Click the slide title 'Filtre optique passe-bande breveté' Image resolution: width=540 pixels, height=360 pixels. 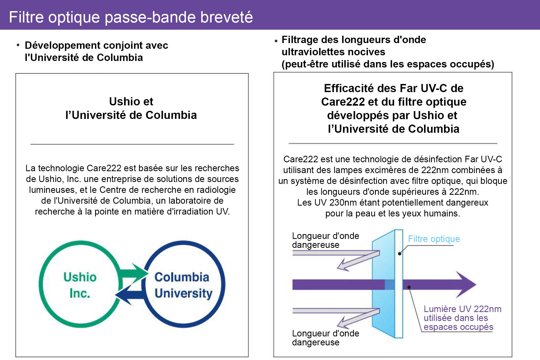(x=131, y=17)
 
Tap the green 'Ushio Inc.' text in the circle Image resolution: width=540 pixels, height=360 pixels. (x=80, y=285)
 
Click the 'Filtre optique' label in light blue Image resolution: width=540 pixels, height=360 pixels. (x=434, y=239)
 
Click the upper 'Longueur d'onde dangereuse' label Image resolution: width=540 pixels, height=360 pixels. (x=325, y=240)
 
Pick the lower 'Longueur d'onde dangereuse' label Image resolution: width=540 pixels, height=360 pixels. (x=325, y=338)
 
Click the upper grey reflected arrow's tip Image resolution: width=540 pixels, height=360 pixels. (x=338, y=268)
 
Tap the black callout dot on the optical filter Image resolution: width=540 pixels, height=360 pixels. (x=399, y=254)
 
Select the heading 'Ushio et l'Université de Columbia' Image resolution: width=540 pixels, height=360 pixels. (x=131, y=108)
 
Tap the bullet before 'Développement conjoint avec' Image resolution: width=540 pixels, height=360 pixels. (x=18, y=45)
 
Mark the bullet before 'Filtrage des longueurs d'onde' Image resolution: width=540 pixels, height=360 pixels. (x=276, y=41)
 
